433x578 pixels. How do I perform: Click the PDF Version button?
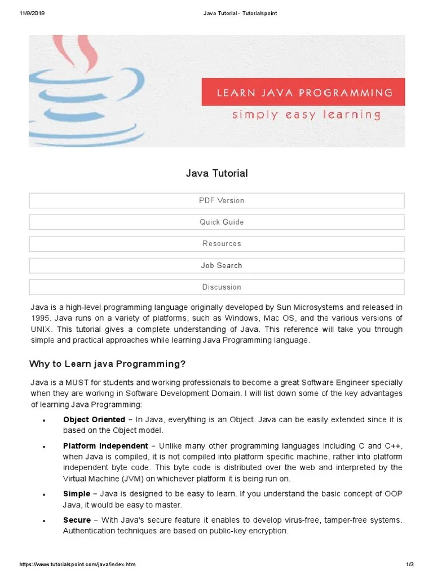point(216,200)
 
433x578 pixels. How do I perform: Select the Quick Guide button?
point(216,222)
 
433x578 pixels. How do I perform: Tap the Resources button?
point(216,244)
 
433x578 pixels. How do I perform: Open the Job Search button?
point(216,265)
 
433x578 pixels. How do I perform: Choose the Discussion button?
point(216,287)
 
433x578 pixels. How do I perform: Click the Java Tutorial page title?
point(216,173)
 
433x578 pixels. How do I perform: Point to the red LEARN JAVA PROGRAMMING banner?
point(303,93)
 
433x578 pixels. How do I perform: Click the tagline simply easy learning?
point(306,115)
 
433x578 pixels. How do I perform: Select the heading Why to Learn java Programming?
point(108,363)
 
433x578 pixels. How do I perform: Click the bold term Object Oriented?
point(94,419)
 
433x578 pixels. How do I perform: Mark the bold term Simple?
point(77,494)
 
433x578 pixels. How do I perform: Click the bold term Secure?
point(77,520)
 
